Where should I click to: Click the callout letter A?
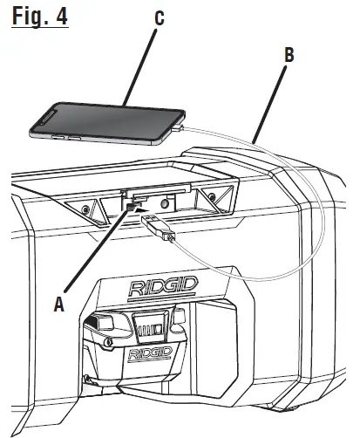pyautogui.click(x=59, y=305)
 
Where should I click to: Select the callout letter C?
pyautogui.click(x=158, y=18)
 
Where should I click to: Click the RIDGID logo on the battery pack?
pyautogui.click(x=149, y=354)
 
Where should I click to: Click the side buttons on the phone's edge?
pyautogui.click(x=64, y=138)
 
